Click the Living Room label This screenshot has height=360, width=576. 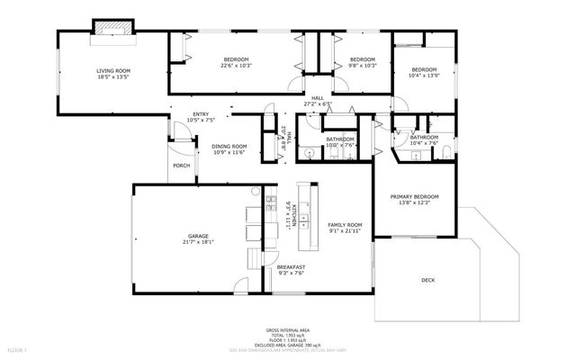pyautogui.click(x=114, y=70)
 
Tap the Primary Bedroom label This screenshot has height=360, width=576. pyautogui.click(x=414, y=196)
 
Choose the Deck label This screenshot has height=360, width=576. pyautogui.click(x=427, y=281)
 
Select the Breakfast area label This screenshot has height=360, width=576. pyautogui.click(x=291, y=267)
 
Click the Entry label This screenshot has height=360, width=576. pyautogui.click(x=200, y=114)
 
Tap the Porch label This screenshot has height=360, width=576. pyautogui.click(x=181, y=166)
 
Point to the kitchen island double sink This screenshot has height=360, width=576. pyautogui.click(x=313, y=199)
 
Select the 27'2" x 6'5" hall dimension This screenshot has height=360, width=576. pyautogui.click(x=317, y=103)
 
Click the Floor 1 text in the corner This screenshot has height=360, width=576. pyautogui.click(x=17, y=348)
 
